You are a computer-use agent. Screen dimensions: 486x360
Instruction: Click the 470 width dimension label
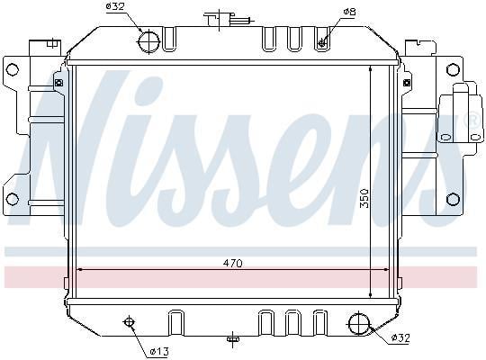[x=233, y=264]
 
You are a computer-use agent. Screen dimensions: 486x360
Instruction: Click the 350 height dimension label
[x=364, y=198]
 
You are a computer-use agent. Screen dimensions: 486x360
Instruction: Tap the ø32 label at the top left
[x=115, y=6]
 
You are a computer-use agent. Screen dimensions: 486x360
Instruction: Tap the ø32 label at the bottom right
[x=400, y=337]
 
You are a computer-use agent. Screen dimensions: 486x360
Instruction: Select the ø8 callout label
[x=349, y=12]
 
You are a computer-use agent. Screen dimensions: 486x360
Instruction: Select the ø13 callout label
[x=159, y=352]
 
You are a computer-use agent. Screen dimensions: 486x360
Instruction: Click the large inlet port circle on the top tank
[x=149, y=41]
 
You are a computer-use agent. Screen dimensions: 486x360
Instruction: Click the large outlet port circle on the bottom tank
[x=359, y=324]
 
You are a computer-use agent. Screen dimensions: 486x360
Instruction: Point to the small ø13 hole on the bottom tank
[x=129, y=322]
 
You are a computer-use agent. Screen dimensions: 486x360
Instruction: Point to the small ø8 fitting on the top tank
[x=322, y=41]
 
